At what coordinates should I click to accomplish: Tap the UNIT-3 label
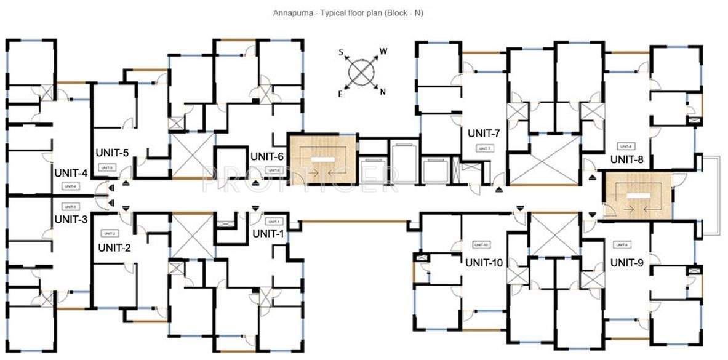click(x=71, y=218)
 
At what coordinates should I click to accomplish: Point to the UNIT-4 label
click(x=71, y=173)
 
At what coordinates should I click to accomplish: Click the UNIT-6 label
click(x=267, y=156)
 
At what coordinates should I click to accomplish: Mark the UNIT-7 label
click(x=484, y=134)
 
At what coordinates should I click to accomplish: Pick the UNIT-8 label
click(x=626, y=159)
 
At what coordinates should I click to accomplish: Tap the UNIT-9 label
click(x=626, y=262)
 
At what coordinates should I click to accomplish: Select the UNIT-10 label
click(x=484, y=262)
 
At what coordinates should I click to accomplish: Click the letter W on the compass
click(x=383, y=51)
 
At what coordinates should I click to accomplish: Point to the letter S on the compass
click(x=340, y=53)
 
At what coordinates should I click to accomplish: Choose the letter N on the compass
click(x=383, y=92)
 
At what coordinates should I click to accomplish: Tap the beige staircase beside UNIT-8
click(x=637, y=196)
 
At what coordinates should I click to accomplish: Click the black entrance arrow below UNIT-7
click(x=498, y=189)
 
